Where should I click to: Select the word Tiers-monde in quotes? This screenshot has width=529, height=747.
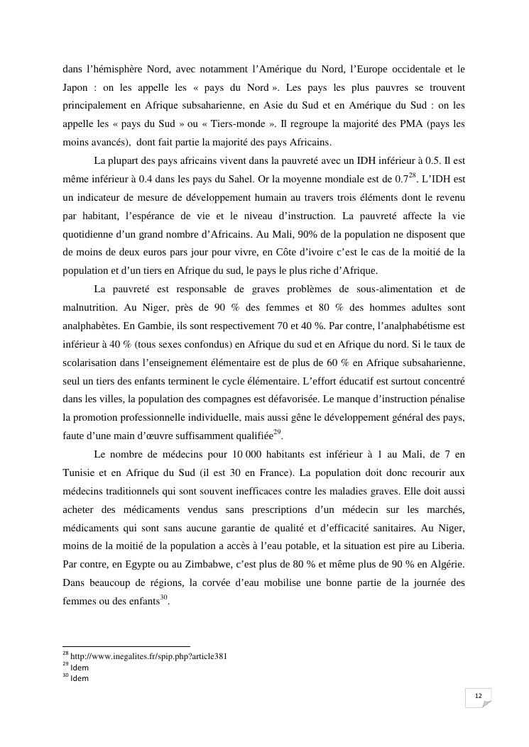(x=244, y=124)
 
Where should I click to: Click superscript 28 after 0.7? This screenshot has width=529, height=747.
(x=411, y=175)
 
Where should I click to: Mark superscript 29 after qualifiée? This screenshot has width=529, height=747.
(x=278, y=430)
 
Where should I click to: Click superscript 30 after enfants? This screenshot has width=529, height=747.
(x=163, y=597)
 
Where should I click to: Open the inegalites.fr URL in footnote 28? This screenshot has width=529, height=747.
(x=149, y=656)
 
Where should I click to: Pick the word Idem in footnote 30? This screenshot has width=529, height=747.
(x=80, y=678)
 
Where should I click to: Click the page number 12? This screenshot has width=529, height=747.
(x=478, y=697)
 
